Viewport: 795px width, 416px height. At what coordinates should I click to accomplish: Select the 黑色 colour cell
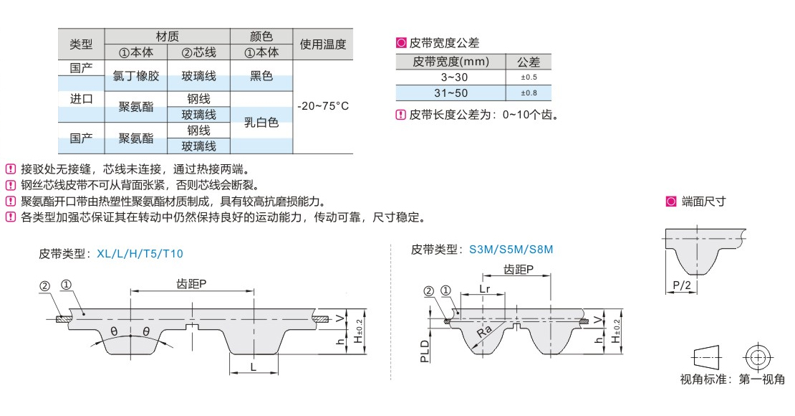261,76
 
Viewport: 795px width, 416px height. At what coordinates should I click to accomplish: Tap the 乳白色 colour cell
261,123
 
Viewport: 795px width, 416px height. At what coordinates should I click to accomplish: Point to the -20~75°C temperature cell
323,106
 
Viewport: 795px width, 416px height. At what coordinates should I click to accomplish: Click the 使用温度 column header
323,44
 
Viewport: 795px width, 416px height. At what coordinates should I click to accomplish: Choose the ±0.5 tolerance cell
529,77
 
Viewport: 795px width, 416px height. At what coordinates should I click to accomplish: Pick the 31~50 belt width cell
450,93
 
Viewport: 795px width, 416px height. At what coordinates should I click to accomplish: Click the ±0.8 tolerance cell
529,93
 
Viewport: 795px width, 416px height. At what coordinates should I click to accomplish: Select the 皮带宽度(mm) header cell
450,62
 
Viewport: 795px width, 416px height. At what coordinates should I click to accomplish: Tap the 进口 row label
81,99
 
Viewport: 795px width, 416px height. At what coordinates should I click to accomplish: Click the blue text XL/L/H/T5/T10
139,253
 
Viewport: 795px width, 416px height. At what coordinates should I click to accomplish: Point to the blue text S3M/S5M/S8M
511,250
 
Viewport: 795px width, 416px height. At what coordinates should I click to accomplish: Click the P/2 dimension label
682,286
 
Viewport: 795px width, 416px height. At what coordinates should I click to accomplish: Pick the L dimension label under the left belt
254,367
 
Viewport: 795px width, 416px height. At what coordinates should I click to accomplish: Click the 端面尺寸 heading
703,202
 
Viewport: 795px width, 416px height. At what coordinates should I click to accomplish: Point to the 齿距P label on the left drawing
191,283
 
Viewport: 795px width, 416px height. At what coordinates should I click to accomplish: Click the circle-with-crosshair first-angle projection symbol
757,356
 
